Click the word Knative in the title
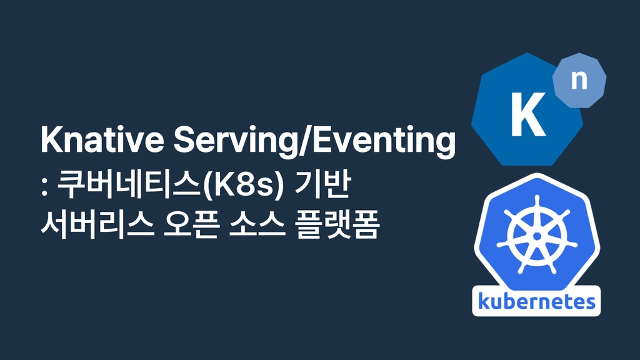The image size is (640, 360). (x=102, y=139)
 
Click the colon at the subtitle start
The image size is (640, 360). (x=44, y=188)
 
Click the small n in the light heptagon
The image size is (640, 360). (x=579, y=80)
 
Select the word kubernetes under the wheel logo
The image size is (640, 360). (x=536, y=301)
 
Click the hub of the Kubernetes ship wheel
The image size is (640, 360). (x=537, y=236)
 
